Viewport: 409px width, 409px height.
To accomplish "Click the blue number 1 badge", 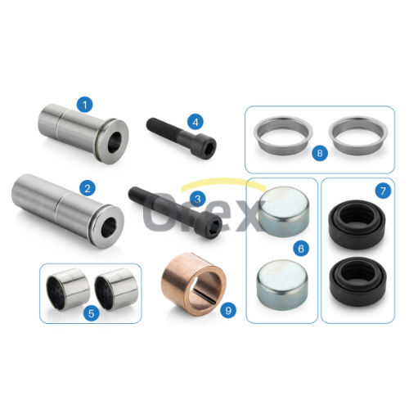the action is tap(84, 105).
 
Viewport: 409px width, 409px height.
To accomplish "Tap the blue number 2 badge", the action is tap(88, 188).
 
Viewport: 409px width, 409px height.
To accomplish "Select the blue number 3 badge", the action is tap(198, 199).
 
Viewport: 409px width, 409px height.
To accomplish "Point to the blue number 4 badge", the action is tap(196, 122).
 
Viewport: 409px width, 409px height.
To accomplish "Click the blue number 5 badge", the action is tap(92, 313).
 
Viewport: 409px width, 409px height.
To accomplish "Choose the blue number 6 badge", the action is tap(301, 249).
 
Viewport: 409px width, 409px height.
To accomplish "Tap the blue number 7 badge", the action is tap(383, 191).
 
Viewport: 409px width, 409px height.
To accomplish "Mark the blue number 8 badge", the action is tap(320, 153).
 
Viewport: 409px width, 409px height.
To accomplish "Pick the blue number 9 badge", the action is tap(228, 310).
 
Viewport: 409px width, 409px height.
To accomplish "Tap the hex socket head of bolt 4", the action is tap(208, 147).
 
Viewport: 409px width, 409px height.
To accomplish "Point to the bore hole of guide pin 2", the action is tap(109, 227).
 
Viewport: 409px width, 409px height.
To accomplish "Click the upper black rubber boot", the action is tap(357, 224).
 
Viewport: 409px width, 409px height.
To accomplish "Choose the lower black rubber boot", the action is tap(357, 281).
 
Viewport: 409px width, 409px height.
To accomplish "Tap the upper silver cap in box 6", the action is tap(284, 212).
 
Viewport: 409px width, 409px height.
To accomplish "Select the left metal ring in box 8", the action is tap(283, 135).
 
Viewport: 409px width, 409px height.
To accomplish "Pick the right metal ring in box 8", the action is tap(358, 135).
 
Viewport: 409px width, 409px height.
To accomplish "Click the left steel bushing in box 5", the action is tap(67, 289).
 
